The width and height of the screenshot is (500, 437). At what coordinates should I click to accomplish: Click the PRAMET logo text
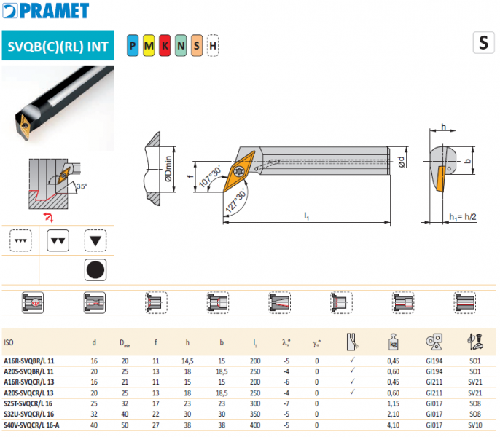tap(54, 10)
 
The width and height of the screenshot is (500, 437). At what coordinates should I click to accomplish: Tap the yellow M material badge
tap(149, 46)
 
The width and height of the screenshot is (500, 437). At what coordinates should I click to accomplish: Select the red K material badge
tap(165, 46)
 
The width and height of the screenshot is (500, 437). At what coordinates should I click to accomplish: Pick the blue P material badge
tap(133, 46)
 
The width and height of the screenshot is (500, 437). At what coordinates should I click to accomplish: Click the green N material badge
tap(181, 46)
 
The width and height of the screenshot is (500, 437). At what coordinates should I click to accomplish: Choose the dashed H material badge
tap(213, 46)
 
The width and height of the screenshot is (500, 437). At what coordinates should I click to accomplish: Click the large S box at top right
tap(483, 42)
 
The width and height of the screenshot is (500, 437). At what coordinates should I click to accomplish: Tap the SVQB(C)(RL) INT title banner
tap(58, 46)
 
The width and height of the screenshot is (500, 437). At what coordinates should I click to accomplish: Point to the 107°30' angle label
tap(210, 176)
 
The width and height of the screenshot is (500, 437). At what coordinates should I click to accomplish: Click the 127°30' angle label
tap(236, 200)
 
